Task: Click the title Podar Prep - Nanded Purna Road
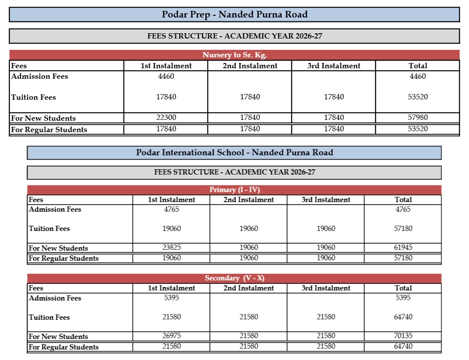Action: coord(234,14)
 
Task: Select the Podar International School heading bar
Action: coord(234,153)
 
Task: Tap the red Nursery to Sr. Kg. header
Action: coord(234,55)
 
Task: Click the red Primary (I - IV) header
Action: coord(234,190)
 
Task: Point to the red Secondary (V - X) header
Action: coord(234,278)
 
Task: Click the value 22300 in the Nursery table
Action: coord(166,117)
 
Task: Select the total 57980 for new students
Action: coord(417,117)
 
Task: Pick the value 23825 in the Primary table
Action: coord(171,248)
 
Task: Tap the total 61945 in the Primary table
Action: coord(403,248)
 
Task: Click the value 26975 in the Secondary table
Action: coord(171,336)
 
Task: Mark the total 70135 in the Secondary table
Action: coord(403,336)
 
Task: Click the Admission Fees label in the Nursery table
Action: coord(40,77)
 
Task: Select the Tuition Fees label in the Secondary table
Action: coord(49,318)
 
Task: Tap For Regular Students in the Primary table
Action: coord(64,259)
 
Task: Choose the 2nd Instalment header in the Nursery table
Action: coord(250,66)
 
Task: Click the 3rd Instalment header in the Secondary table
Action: coord(326,288)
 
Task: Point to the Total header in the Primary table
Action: coord(403,200)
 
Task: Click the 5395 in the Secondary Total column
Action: coord(403,298)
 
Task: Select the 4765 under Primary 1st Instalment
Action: coord(171,210)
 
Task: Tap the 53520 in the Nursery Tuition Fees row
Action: coord(417,97)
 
